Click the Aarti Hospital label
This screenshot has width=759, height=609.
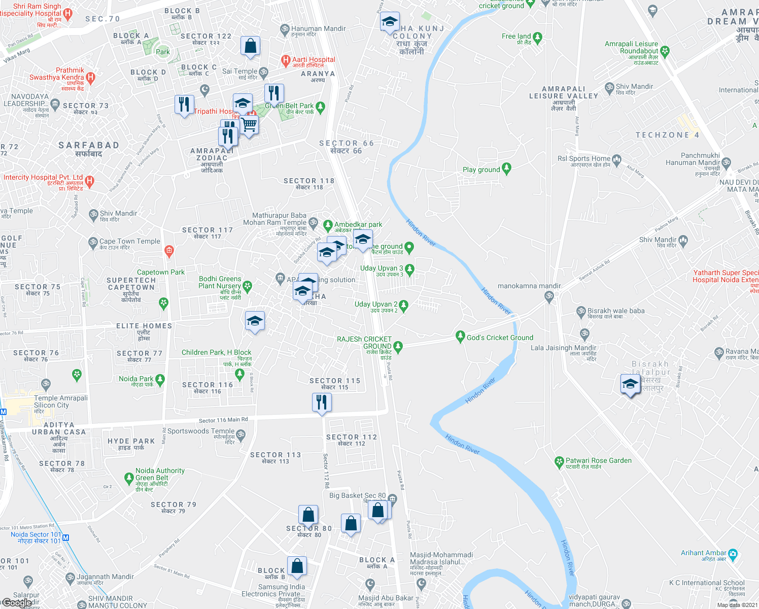click(314, 59)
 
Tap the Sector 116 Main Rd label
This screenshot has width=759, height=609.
click(223, 420)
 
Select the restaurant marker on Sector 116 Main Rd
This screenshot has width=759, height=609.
click(322, 403)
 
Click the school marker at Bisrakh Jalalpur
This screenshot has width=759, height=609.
click(630, 384)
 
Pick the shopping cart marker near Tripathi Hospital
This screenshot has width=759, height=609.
click(249, 124)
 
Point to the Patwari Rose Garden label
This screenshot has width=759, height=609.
click(599, 461)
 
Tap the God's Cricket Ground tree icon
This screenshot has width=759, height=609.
click(460, 336)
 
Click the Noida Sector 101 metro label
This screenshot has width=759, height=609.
click(36, 534)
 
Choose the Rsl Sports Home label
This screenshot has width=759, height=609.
click(584, 158)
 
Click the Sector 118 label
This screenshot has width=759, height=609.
click(309, 181)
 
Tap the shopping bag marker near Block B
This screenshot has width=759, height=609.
click(297, 566)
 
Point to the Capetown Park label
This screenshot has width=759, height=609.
click(161, 272)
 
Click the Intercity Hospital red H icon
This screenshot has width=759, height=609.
click(90, 180)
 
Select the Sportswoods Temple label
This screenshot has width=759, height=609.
click(201, 431)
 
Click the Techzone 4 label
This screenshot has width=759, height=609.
click(667, 135)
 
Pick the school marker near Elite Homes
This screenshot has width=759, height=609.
click(255, 321)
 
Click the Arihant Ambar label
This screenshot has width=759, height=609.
click(704, 553)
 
